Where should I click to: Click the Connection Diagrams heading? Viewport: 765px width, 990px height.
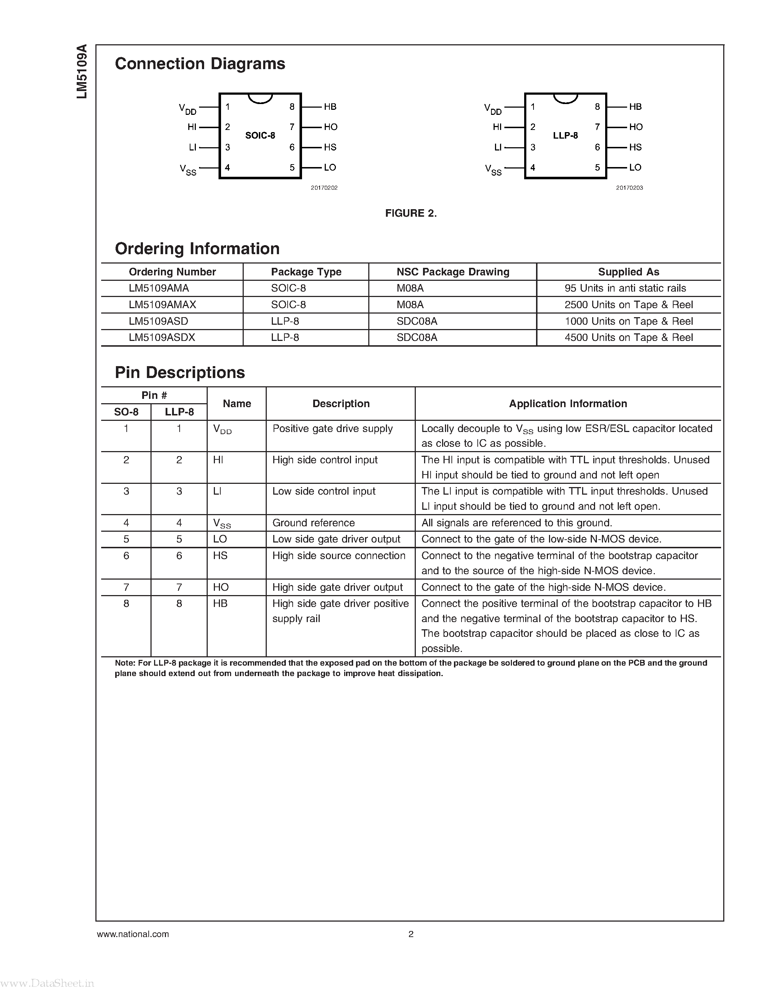(x=200, y=64)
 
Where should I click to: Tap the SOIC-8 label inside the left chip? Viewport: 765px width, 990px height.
(x=260, y=135)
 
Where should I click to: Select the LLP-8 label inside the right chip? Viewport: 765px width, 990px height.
(x=565, y=135)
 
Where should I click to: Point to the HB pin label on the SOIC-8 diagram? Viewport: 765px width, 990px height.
(x=330, y=107)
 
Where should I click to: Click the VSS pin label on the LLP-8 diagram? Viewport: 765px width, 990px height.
(x=494, y=170)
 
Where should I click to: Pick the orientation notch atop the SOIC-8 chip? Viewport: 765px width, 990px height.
(x=260, y=98)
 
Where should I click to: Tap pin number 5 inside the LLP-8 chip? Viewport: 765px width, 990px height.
(x=597, y=168)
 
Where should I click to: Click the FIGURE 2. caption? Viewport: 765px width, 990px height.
(x=411, y=213)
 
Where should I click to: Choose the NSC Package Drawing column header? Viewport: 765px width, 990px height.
(x=453, y=272)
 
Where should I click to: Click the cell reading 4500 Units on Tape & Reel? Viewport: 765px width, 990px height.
(x=629, y=338)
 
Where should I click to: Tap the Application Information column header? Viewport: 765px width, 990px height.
(x=568, y=404)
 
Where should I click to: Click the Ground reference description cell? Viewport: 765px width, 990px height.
(x=314, y=523)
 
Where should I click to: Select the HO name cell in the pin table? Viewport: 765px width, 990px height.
(x=221, y=588)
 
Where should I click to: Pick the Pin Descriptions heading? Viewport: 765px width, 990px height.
(x=180, y=373)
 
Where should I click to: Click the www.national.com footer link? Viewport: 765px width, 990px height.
(x=133, y=934)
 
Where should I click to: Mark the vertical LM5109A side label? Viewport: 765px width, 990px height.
(x=82, y=71)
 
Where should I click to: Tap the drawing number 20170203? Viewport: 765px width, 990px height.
(x=629, y=188)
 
